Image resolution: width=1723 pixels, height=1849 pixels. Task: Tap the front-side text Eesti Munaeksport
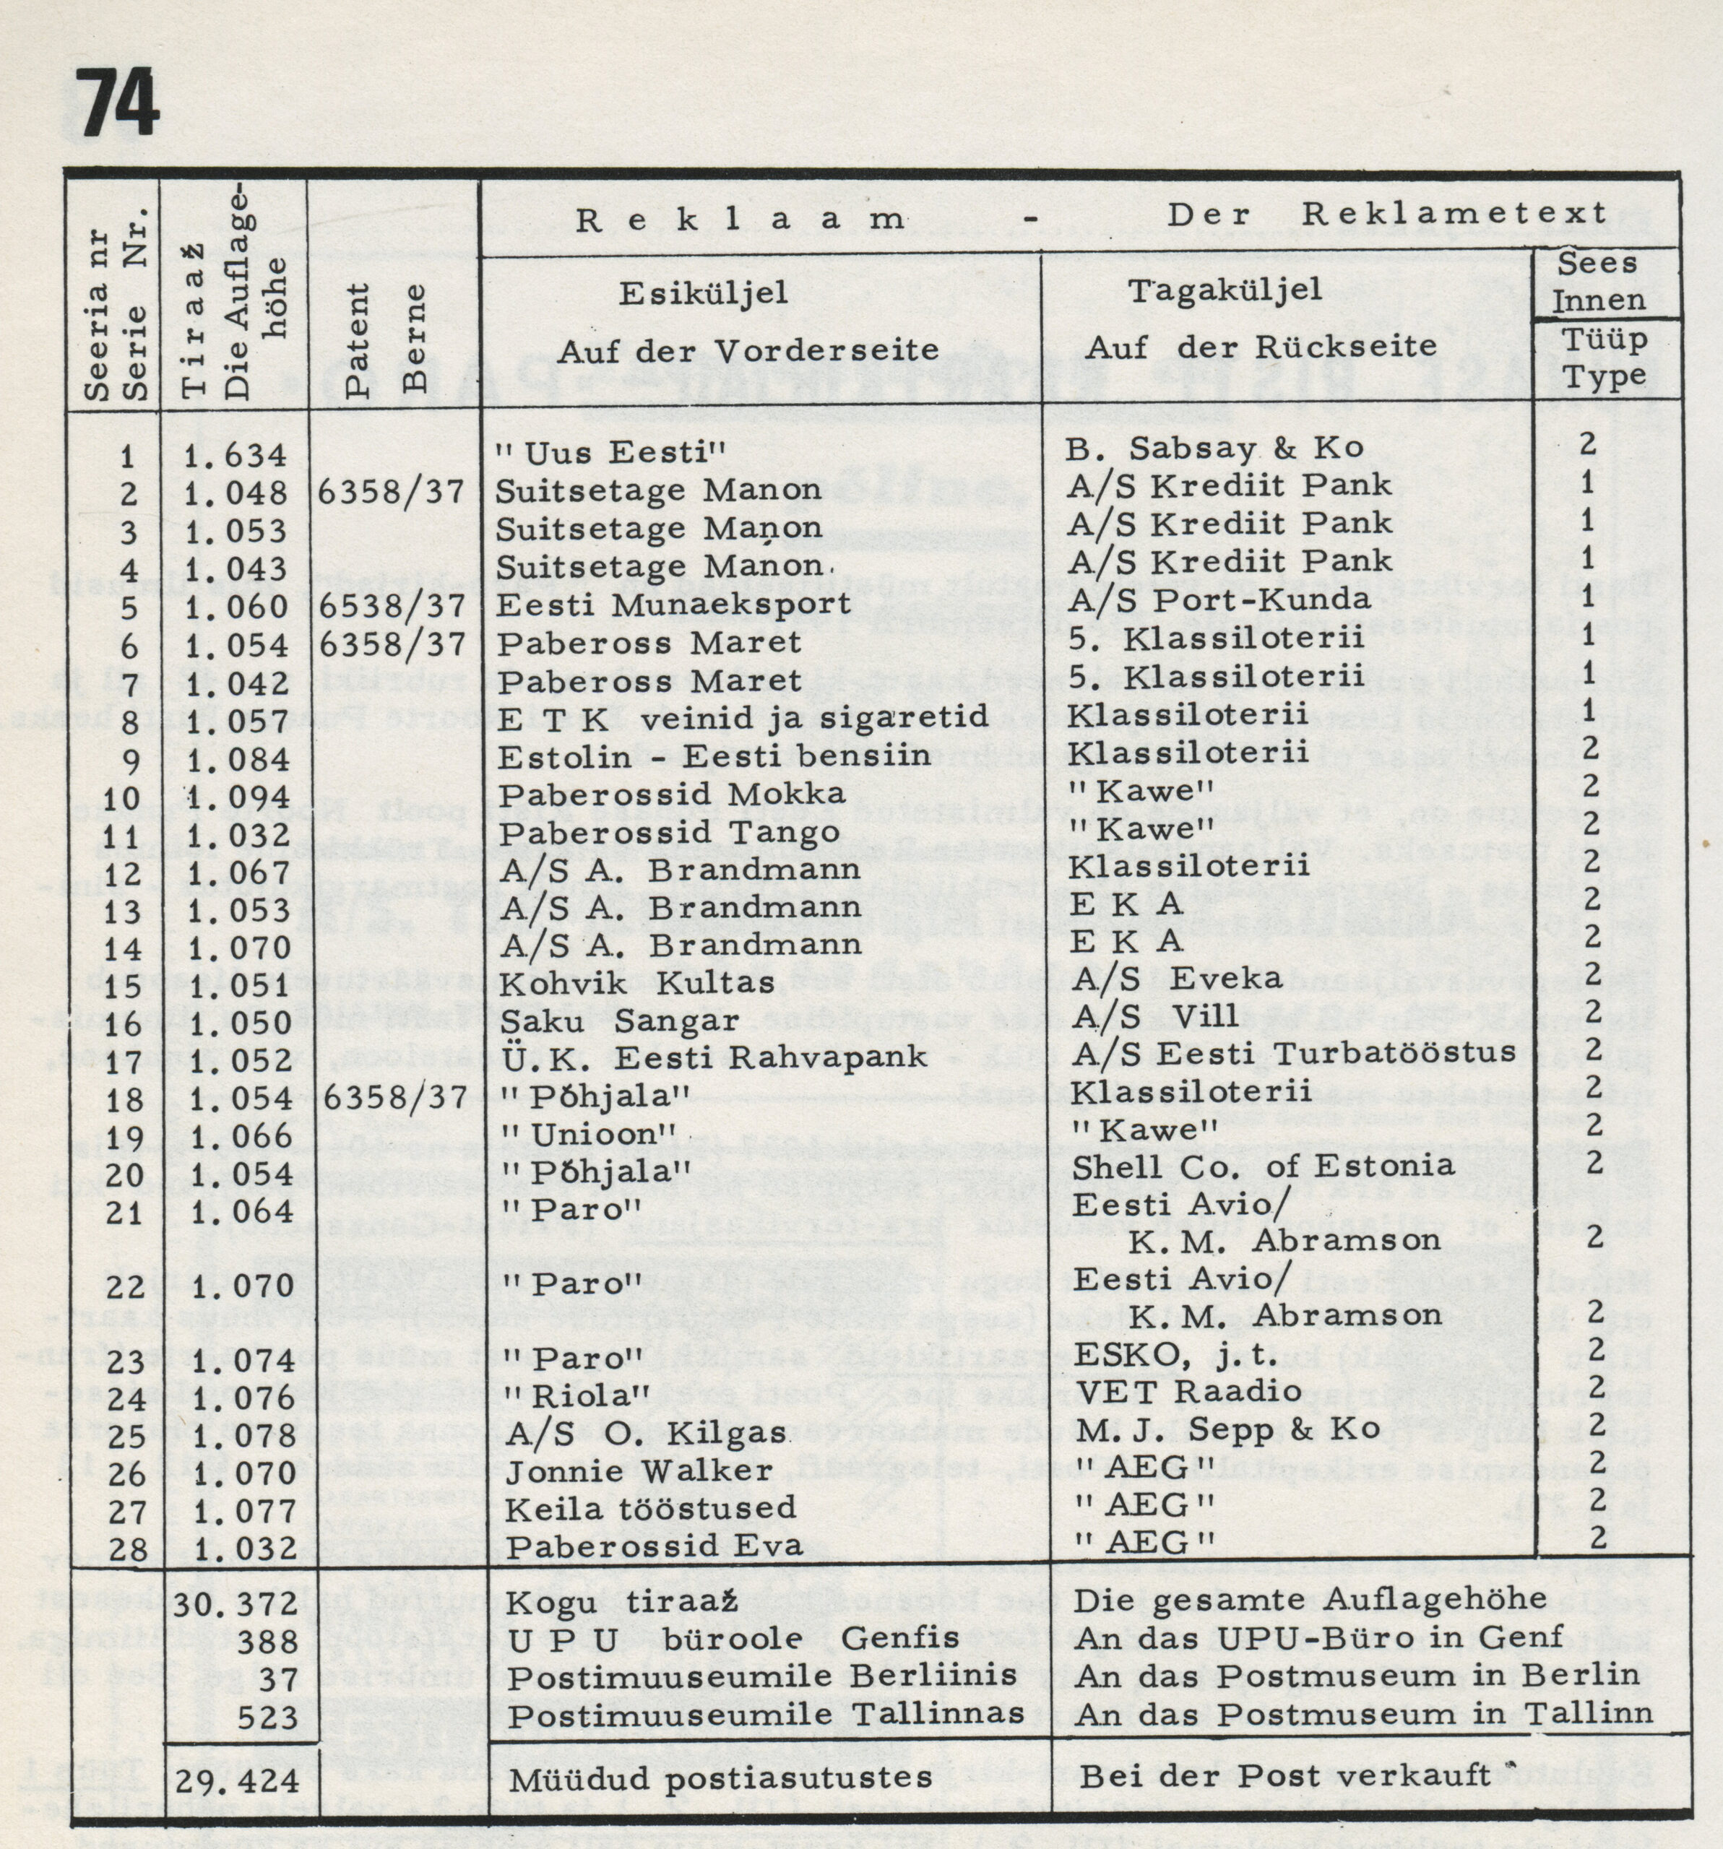[x=673, y=605]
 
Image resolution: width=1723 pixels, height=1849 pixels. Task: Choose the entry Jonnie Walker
[x=639, y=1470]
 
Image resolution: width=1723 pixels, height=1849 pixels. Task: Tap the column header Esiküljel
[x=704, y=293]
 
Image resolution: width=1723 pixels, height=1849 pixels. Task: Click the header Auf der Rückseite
[x=1261, y=347]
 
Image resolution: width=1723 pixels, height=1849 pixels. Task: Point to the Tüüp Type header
[x=1604, y=358]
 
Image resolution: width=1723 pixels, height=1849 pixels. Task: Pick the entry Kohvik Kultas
[x=637, y=983]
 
